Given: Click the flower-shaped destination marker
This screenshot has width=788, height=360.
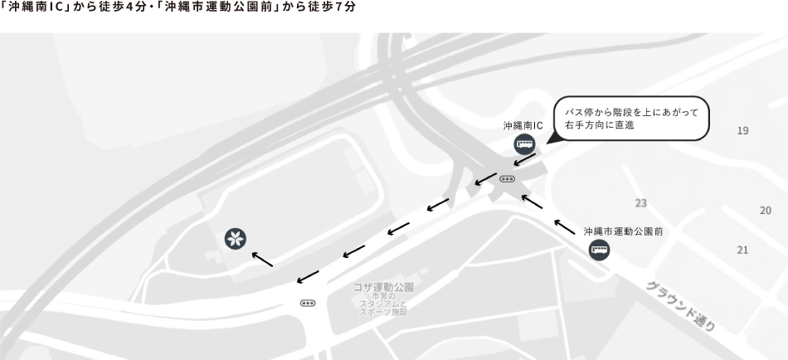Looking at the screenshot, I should (x=236, y=239).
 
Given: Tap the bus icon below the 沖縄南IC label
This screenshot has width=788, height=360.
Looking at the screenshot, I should (x=524, y=145).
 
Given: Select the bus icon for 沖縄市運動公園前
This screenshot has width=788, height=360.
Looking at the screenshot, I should (x=599, y=250).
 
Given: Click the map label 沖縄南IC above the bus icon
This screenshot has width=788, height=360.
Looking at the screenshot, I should (x=523, y=126).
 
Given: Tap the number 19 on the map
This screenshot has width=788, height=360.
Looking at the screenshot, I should (x=742, y=131).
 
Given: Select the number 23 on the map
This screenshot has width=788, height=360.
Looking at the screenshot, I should (x=640, y=203).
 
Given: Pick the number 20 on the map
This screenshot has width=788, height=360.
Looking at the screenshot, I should (x=765, y=211).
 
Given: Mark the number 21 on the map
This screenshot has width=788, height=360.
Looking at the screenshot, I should (x=742, y=250).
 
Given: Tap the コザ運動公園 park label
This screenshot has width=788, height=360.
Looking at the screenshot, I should (x=383, y=287).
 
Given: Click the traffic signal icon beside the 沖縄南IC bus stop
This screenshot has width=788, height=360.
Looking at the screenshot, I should (x=508, y=178).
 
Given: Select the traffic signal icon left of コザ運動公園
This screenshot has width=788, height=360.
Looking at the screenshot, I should (x=308, y=303).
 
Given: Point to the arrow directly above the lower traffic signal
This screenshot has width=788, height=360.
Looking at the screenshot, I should (x=308, y=275).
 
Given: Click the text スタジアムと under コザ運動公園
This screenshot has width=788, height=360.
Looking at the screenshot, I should (x=383, y=304).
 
